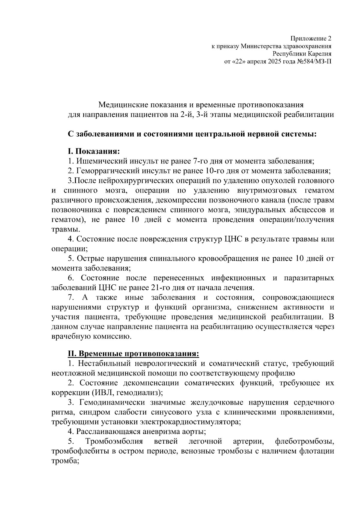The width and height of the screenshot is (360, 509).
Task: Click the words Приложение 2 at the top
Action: [311, 39]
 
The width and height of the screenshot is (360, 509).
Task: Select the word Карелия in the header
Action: [319, 54]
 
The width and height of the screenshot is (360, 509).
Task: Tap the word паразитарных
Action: [309, 278]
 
